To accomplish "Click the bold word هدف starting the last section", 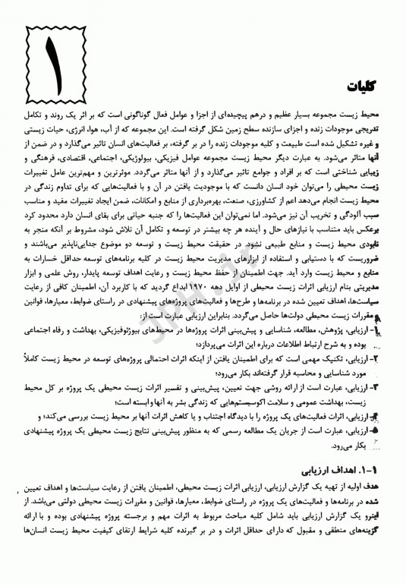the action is coord(386,460).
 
